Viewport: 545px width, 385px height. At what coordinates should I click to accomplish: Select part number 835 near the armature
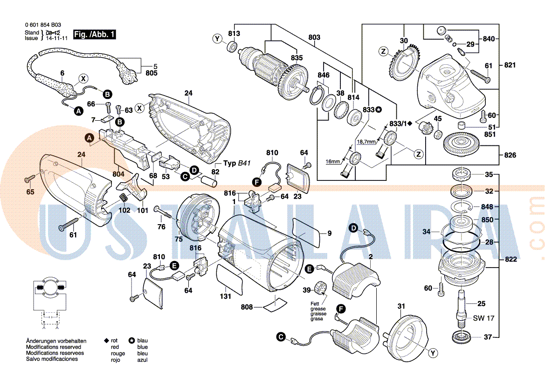click(297, 58)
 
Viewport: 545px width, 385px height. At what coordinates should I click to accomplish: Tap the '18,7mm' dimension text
click(366, 141)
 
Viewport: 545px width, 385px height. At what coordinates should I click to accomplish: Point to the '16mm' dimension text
click(333, 161)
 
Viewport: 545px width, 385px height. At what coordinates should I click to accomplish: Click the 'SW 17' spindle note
click(483, 318)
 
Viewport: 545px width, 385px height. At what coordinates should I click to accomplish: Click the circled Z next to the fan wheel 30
click(383, 51)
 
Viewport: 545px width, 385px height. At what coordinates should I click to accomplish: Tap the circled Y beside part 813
click(217, 39)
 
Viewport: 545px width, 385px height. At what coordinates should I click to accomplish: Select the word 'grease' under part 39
click(318, 309)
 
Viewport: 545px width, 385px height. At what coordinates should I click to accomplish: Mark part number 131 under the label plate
click(226, 296)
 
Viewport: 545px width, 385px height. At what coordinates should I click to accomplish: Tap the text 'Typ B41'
click(237, 164)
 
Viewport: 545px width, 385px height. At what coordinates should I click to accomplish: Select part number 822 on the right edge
click(511, 260)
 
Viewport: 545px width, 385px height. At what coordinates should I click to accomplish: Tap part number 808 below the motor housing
click(247, 307)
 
